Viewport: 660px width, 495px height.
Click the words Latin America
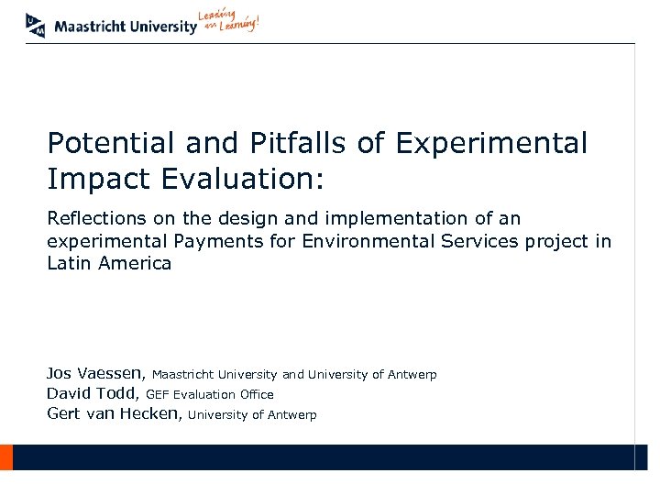(109, 263)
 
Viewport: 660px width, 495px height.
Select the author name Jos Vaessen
(95, 373)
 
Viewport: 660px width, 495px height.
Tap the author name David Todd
(93, 393)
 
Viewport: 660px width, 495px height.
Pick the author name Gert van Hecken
(115, 413)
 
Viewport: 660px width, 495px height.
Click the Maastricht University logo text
(126, 27)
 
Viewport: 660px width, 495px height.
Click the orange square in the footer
(5, 456)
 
